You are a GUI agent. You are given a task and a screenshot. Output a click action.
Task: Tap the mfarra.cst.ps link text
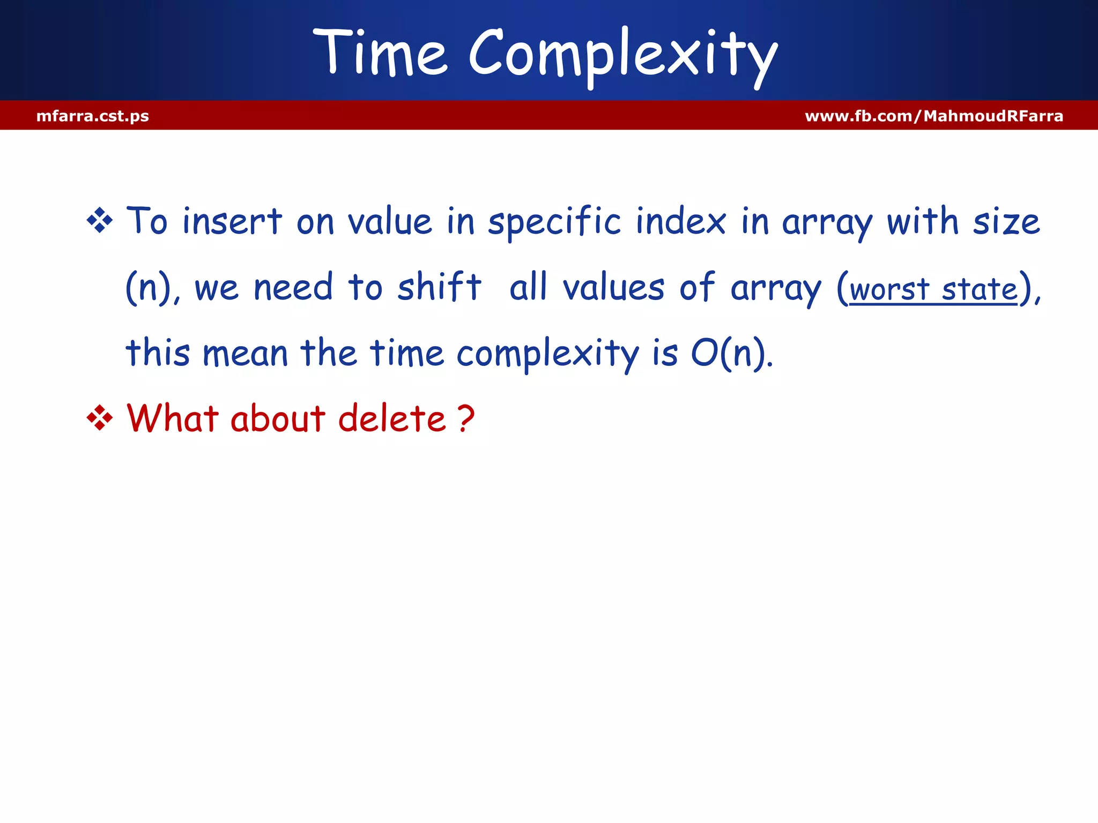click(93, 116)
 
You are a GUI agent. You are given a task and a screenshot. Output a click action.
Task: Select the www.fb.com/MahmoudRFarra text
click(933, 116)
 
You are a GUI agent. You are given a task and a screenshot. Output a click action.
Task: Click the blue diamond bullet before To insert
click(100, 220)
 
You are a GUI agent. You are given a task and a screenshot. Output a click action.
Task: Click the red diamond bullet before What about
click(100, 418)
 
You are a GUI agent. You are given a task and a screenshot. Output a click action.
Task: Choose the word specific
click(554, 222)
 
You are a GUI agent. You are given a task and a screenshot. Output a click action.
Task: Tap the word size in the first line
click(1006, 222)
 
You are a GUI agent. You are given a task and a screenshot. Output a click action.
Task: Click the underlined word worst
click(889, 290)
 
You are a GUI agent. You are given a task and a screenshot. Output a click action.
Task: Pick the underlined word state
click(979, 289)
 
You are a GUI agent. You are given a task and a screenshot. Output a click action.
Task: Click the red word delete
click(392, 418)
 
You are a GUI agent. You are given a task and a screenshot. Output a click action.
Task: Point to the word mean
click(245, 354)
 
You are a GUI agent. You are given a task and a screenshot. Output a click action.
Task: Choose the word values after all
click(613, 288)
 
